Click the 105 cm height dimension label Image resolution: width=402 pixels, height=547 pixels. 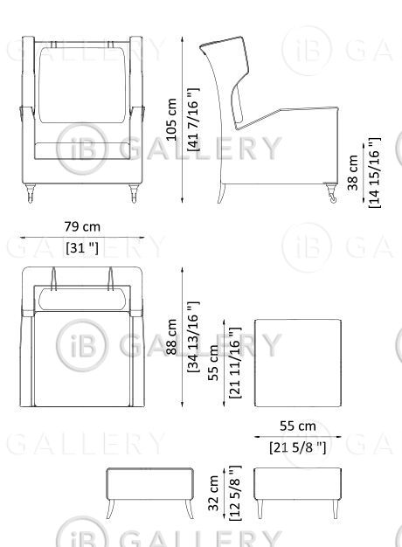[x=171, y=120]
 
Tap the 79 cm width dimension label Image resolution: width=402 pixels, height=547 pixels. [x=82, y=227]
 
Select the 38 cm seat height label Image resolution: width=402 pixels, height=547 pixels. [x=353, y=173]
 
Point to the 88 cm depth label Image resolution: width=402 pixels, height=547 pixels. [x=171, y=337]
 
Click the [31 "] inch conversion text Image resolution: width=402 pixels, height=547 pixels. [x=82, y=248]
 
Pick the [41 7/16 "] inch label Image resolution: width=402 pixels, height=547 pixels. [x=194, y=120]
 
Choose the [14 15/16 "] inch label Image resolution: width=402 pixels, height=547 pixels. [x=375, y=173]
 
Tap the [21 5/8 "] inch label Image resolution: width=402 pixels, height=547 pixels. [x=298, y=447]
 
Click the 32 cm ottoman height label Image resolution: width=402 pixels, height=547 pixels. [x=213, y=494]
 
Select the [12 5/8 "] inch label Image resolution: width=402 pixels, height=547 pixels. [x=235, y=494]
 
